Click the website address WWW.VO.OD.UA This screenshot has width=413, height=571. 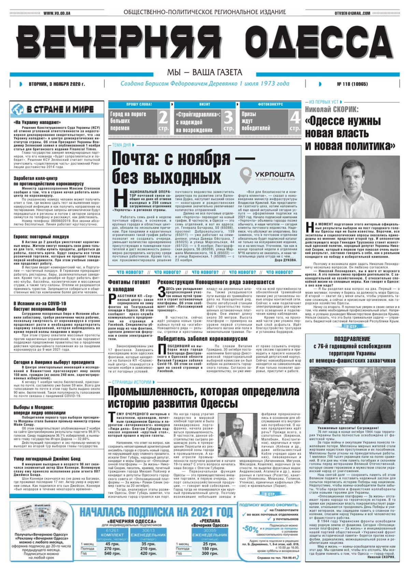click(x=57, y=13)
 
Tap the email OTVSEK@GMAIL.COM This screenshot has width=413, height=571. click(x=352, y=13)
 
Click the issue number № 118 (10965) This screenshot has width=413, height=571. click(x=353, y=84)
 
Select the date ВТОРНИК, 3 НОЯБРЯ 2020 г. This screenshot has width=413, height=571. click(x=57, y=84)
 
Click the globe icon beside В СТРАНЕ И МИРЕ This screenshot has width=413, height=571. click(x=18, y=110)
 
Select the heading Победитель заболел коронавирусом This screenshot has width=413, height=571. click(x=202, y=339)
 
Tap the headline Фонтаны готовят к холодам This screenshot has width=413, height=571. click(x=129, y=286)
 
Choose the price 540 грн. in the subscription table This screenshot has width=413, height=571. click(x=112, y=553)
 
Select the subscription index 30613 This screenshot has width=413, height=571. click(x=148, y=531)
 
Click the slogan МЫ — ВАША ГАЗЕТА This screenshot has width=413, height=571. click(x=204, y=72)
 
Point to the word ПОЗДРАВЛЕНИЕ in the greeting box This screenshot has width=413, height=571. click(x=352, y=339)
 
